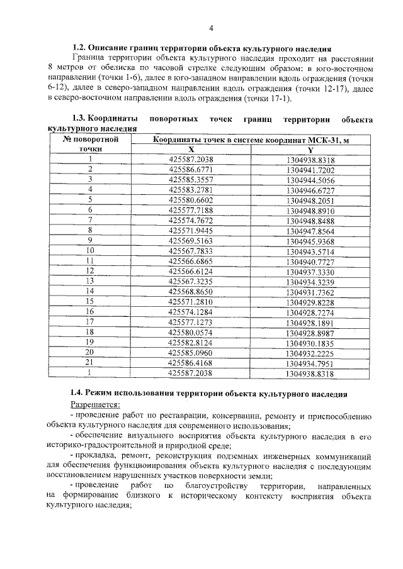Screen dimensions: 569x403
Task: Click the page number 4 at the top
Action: pyautogui.click(x=212, y=28)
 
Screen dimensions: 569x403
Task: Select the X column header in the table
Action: pyautogui.click(x=191, y=150)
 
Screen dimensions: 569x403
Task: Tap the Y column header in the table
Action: pyautogui.click(x=310, y=150)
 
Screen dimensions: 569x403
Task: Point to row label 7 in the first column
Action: pyautogui.click(x=91, y=219)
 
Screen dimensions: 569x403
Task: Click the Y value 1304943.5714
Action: pyautogui.click(x=310, y=251)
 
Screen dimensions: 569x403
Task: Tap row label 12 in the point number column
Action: pyautogui.click(x=91, y=270)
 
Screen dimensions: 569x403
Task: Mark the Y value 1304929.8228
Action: pyautogui.click(x=310, y=302)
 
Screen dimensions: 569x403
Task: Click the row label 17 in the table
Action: pyautogui.click(x=90, y=321)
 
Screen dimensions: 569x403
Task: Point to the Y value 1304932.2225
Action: pyautogui.click(x=310, y=353)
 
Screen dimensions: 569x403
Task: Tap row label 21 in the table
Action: pyautogui.click(x=90, y=362)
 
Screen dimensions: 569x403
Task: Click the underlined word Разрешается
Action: pyautogui.click(x=94, y=405)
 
